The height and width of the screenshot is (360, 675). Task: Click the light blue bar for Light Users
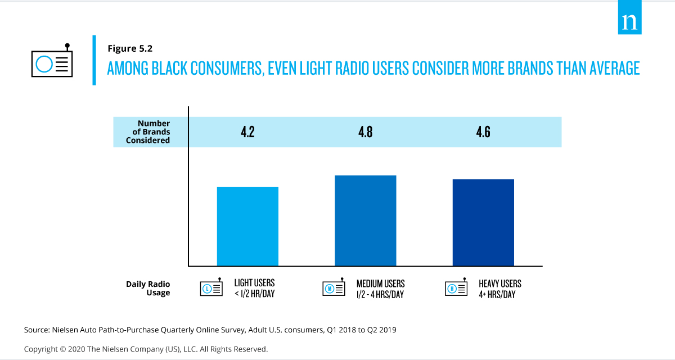click(247, 226)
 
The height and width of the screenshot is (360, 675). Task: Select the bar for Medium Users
click(365, 220)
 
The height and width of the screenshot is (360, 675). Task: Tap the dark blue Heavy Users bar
click(483, 222)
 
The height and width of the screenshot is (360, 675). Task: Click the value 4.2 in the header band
click(247, 132)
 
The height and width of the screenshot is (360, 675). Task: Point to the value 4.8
click(365, 132)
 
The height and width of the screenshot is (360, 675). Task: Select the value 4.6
click(483, 132)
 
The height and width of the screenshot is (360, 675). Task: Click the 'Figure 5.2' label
click(130, 48)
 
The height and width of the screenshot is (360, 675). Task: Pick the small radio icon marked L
click(208, 289)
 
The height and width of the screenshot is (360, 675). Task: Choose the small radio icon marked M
click(330, 289)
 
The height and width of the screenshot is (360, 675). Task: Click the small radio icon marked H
click(453, 289)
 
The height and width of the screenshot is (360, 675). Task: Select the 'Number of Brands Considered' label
click(148, 132)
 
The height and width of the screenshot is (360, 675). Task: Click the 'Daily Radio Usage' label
click(148, 289)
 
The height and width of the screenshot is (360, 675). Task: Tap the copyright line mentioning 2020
click(146, 349)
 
